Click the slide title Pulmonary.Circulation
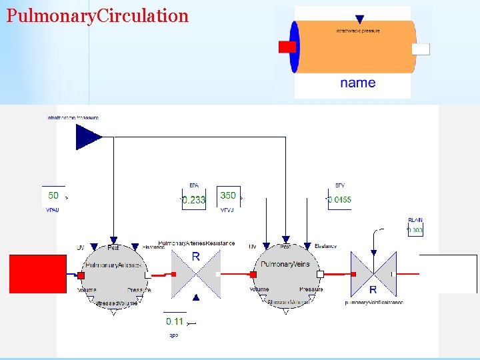[97, 16]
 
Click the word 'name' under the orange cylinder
[357, 83]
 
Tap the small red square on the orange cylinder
[287, 47]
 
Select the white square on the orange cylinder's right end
[421, 49]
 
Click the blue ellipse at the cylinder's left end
[294, 47]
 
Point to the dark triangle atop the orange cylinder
[360, 20]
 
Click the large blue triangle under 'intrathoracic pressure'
[87, 137]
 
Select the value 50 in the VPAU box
[53, 196]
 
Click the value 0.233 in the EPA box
[194, 199]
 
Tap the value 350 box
[228, 196]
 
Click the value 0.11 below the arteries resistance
[175, 321]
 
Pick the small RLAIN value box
[415, 230]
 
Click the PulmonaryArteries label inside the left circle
[113, 265]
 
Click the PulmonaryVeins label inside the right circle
[285, 265]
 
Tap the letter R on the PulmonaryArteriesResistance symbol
[195, 257]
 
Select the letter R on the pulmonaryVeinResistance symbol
[373, 289]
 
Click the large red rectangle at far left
[37, 274]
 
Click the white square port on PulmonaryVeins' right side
[320, 274]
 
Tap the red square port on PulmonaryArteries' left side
[81, 275]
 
